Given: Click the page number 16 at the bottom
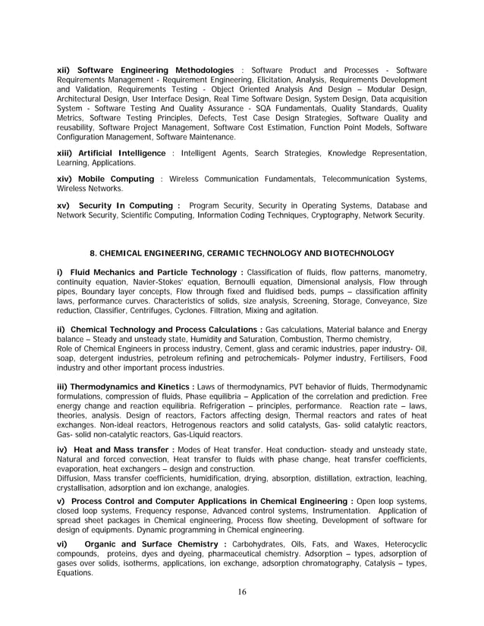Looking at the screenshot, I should [241, 592].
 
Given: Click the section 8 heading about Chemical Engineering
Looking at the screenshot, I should [242, 252].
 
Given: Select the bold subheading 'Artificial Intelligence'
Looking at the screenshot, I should [124, 153].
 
